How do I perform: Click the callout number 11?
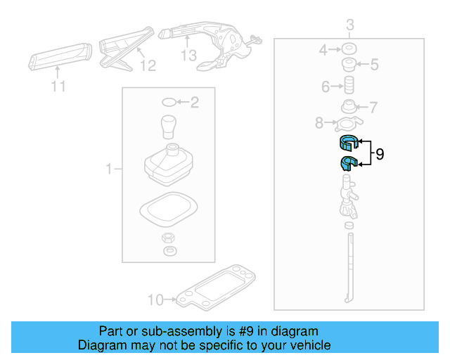pos(58,86)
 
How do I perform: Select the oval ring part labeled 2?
pos(169,103)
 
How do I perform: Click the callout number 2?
pos(195,103)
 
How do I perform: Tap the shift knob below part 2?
pos(169,127)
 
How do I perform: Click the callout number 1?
pos(109,169)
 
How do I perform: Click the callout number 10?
pos(154,300)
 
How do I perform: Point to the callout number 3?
pos(349,27)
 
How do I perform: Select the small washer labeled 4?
pos(347,50)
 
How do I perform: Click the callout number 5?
pos(375,65)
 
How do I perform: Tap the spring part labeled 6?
pos(347,88)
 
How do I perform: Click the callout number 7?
pos(373,108)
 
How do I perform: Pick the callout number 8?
pos(319,124)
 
